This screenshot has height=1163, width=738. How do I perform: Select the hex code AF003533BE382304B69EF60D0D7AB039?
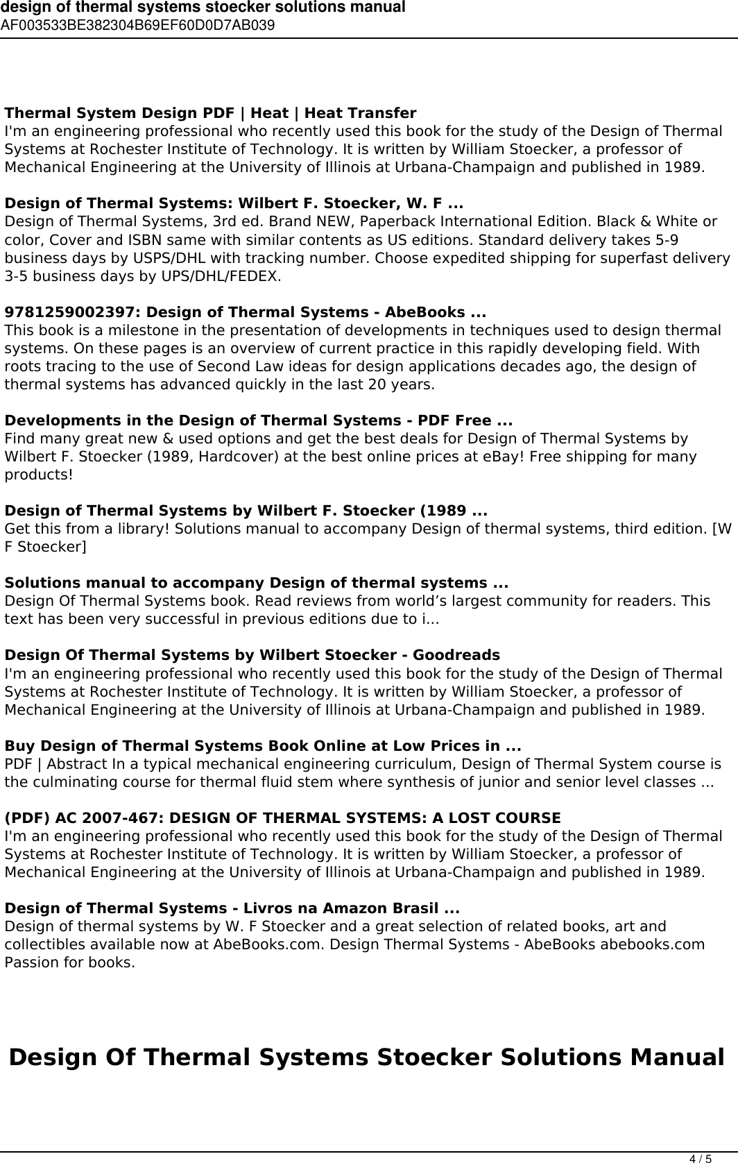click(137, 26)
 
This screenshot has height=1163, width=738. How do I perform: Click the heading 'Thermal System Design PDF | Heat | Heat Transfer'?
click(211, 113)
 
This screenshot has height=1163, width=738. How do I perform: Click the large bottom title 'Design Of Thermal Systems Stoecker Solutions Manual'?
click(367, 1058)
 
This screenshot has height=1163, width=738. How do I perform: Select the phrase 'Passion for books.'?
click(70, 962)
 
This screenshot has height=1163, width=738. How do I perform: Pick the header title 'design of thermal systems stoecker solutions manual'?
click(203, 8)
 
